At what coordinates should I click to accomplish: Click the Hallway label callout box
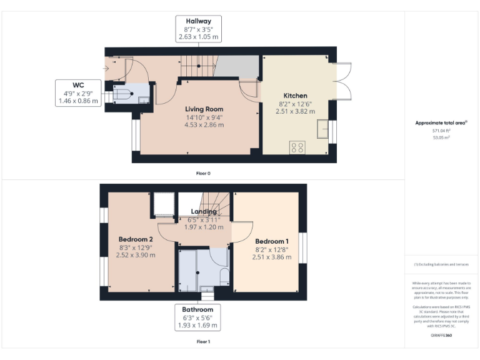(x=199, y=29)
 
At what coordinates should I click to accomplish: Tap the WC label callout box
(x=78, y=92)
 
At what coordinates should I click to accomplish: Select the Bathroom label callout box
(x=197, y=317)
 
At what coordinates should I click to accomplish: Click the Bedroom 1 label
(x=272, y=242)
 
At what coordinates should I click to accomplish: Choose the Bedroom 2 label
(x=136, y=239)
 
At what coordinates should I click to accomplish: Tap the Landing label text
(x=204, y=212)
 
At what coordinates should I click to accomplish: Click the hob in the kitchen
(x=297, y=147)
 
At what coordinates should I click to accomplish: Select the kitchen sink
(x=324, y=129)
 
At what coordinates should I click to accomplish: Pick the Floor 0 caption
(x=203, y=172)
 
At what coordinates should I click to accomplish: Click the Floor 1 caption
(x=203, y=342)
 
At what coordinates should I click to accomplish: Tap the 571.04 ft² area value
(x=441, y=131)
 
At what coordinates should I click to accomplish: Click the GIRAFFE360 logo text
(x=441, y=336)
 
